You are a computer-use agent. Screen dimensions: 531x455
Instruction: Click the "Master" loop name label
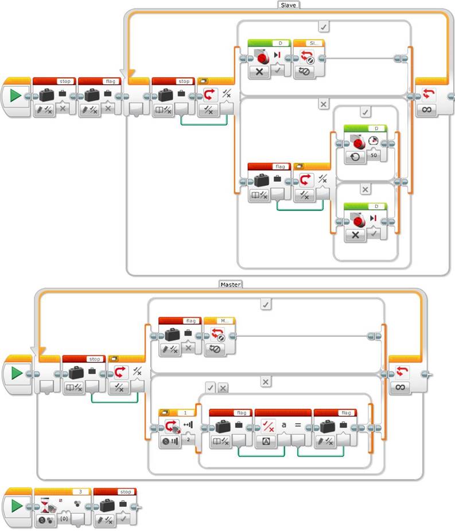(x=231, y=284)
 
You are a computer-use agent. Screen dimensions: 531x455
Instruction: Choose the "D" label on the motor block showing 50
(x=376, y=128)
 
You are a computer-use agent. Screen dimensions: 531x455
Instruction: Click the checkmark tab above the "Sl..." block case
(x=324, y=26)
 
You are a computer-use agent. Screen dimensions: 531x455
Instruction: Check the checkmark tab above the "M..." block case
(x=266, y=304)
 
